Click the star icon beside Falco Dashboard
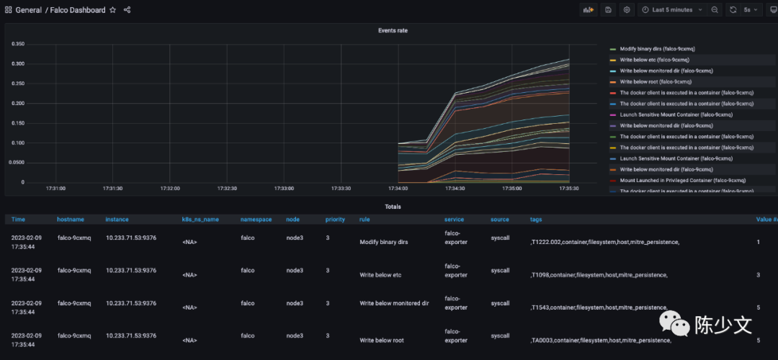coord(112,10)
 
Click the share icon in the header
coord(128,10)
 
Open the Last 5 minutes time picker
coord(667,10)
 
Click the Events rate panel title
coord(393,31)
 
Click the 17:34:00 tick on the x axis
coord(398,189)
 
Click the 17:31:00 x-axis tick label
coord(55,189)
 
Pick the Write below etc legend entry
coord(651,60)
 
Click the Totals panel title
coord(393,207)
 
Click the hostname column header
coord(71,219)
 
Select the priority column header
coord(335,219)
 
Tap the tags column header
coord(536,219)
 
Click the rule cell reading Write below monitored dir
coord(393,303)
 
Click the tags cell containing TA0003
coord(601,341)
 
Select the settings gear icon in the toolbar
coord(627,10)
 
